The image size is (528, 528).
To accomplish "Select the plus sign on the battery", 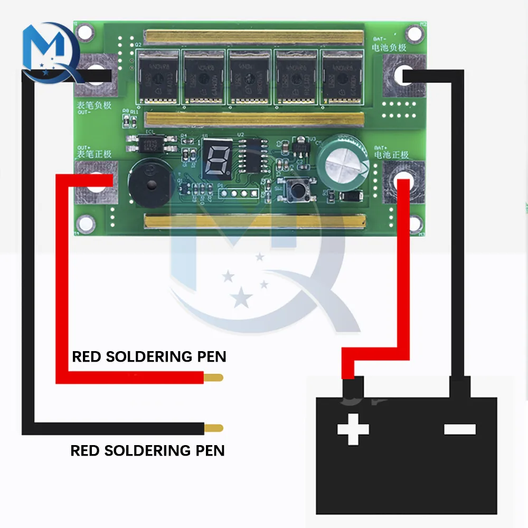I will tap(353, 428).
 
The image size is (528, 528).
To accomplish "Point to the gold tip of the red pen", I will tap(213, 378).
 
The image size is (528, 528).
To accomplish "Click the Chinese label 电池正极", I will tap(391, 155).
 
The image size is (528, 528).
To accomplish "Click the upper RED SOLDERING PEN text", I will tap(149, 357).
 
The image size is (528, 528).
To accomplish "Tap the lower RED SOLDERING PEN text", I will tap(147, 450).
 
